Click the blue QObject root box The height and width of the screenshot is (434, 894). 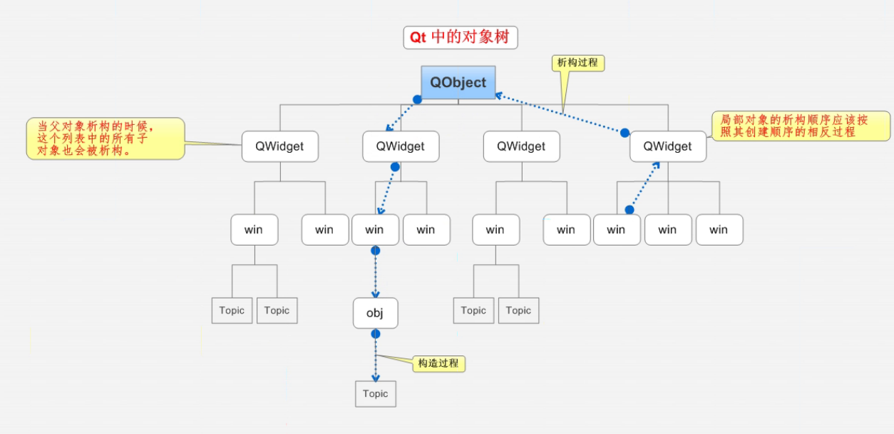pyautogui.click(x=458, y=82)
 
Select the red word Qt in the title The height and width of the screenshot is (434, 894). pyautogui.click(x=418, y=37)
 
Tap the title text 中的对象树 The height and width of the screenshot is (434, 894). pyautogui.click(x=471, y=37)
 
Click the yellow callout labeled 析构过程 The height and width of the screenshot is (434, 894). pyautogui.click(x=578, y=63)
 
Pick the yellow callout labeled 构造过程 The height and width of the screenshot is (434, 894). pyautogui.click(x=438, y=363)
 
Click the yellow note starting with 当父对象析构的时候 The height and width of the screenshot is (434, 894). pyautogui.click(x=105, y=138)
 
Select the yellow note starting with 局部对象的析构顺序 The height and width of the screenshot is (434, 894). pyautogui.click(x=801, y=126)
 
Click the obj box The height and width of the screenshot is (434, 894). pyautogui.click(x=375, y=313)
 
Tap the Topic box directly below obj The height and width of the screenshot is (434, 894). pyautogui.click(x=375, y=394)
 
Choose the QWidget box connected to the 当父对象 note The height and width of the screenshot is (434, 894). pyautogui.click(x=279, y=146)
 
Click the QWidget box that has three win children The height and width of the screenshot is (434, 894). pyautogui.click(x=667, y=146)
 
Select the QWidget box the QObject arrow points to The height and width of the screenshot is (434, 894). pyautogui.click(x=401, y=146)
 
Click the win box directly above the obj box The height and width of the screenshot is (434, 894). pyautogui.click(x=375, y=230)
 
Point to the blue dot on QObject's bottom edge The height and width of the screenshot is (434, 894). pyautogui.click(x=418, y=100)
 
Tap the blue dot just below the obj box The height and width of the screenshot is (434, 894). pyautogui.click(x=376, y=333)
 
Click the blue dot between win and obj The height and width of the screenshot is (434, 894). pyautogui.click(x=376, y=251)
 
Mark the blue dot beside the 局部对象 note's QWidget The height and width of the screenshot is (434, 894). pyautogui.click(x=625, y=133)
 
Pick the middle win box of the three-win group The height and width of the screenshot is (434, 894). pyautogui.click(x=667, y=230)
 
